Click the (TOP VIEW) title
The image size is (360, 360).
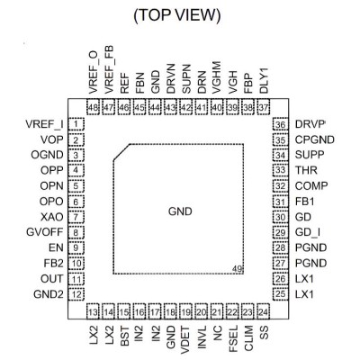[x=177, y=15]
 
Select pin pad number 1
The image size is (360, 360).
[x=76, y=124]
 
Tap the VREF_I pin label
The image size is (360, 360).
[x=44, y=124]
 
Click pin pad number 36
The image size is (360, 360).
[x=280, y=124]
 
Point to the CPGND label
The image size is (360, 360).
[x=315, y=139]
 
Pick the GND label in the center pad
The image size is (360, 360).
[x=180, y=211]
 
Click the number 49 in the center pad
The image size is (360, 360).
[x=237, y=269]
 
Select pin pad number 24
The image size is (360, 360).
[x=263, y=312]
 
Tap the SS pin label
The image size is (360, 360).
[x=264, y=332]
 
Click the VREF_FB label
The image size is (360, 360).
[x=109, y=69]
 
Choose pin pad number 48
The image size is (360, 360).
[x=94, y=107]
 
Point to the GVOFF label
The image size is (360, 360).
[x=45, y=232]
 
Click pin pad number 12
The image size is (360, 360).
[x=76, y=294]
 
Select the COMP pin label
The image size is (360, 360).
[x=311, y=186]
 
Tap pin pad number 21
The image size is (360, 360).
[x=217, y=312]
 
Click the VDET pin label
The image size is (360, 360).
[x=185, y=339]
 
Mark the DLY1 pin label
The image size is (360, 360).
[x=264, y=81]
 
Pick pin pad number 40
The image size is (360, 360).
[x=217, y=107]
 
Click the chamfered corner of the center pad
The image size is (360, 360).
[x=121, y=152]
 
